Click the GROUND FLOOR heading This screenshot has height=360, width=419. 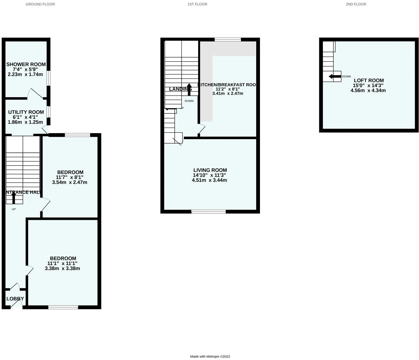[x=40, y=4]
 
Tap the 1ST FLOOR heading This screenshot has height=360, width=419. [x=197, y=4]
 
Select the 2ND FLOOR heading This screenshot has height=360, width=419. [x=356, y=4]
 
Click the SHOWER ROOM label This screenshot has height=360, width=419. [x=26, y=64]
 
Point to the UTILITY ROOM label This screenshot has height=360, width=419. [x=26, y=112]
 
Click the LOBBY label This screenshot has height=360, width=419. [x=15, y=299]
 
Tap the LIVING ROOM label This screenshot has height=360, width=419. [x=210, y=170]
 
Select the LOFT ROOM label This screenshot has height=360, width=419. [x=369, y=81]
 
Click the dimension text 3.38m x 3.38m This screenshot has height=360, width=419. [x=62, y=268]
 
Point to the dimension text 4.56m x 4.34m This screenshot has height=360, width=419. [x=368, y=91]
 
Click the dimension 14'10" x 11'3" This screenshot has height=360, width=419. [x=209, y=175]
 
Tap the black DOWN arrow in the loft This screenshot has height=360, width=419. [x=335, y=76]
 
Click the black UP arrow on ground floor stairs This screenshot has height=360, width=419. [x=14, y=198]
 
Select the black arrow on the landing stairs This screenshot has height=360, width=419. [x=189, y=89]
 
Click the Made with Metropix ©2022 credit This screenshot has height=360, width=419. [x=210, y=357]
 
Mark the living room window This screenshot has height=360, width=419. [x=209, y=211]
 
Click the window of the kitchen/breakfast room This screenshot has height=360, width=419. [x=228, y=39]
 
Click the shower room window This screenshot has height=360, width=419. [x=49, y=78]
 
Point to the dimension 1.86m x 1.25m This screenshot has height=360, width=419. [x=25, y=122]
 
